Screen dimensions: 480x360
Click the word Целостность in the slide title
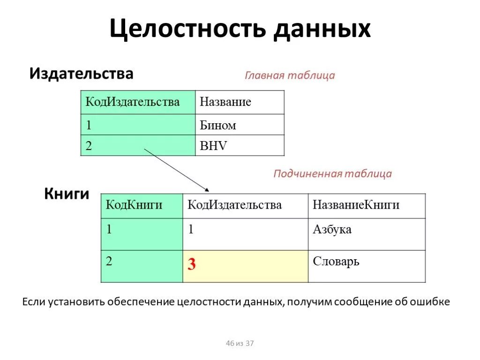click(x=188, y=30)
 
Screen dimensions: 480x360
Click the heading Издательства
click(x=82, y=74)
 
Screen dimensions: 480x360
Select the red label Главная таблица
click(x=290, y=75)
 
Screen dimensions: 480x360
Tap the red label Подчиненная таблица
click(x=332, y=174)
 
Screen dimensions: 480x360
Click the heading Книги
click(x=67, y=194)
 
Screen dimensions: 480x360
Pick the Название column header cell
click(x=240, y=102)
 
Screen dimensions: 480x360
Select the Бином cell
click(x=240, y=125)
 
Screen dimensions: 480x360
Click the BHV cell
click(x=240, y=146)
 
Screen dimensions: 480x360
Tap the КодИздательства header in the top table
click(x=138, y=102)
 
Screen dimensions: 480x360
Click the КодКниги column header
click(x=142, y=205)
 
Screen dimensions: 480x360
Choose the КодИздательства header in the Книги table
click(x=245, y=205)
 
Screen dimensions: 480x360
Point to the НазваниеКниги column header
click(x=367, y=205)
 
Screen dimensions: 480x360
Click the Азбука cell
click(x=367, y=234)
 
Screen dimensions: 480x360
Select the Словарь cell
click(x=367, y=266)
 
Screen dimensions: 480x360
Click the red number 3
click(x=192, y=265)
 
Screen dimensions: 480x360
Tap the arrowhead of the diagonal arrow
click(x=207, y=189)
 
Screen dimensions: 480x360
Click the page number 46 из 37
click(x=240, y=344)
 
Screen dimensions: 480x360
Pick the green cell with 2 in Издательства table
click(x=138, y=146)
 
